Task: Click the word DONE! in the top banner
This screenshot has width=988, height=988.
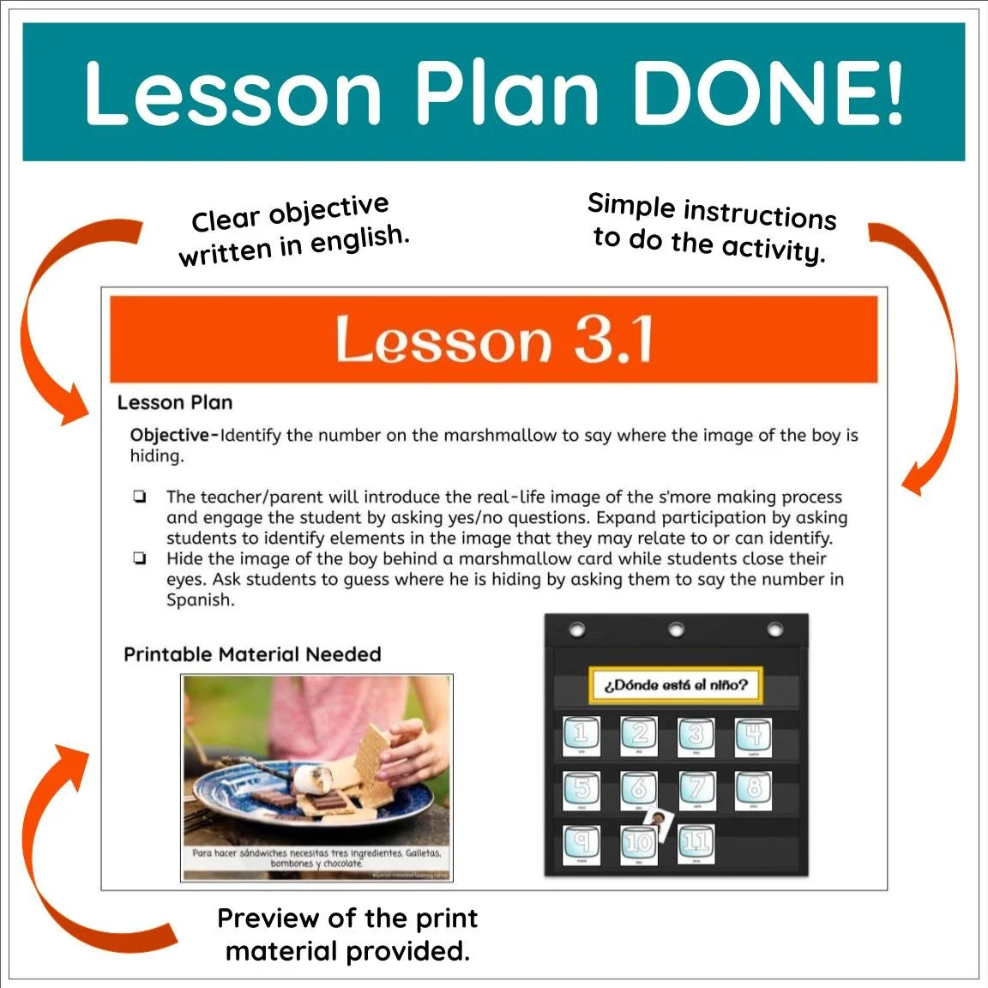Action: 768,93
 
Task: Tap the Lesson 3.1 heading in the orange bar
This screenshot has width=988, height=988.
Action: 494,340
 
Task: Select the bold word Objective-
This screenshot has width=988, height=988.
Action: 174,435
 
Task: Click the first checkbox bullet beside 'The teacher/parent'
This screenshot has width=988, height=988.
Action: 139,497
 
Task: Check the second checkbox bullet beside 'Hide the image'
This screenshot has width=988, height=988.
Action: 139,558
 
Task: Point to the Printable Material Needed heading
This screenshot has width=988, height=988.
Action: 252,654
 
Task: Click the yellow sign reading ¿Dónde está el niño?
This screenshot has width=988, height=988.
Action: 676,685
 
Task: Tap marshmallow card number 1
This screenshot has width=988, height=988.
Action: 581,735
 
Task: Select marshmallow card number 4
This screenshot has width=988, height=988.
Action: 753,735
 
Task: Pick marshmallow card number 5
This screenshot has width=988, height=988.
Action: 581,789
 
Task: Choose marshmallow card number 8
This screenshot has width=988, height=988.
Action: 753,789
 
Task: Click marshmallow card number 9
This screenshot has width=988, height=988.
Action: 581,844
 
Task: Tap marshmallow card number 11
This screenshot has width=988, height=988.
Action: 696,844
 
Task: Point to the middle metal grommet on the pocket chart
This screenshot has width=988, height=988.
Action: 676,631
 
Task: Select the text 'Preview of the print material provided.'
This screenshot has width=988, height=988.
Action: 347,935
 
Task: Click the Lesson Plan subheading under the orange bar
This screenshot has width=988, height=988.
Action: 175,402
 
